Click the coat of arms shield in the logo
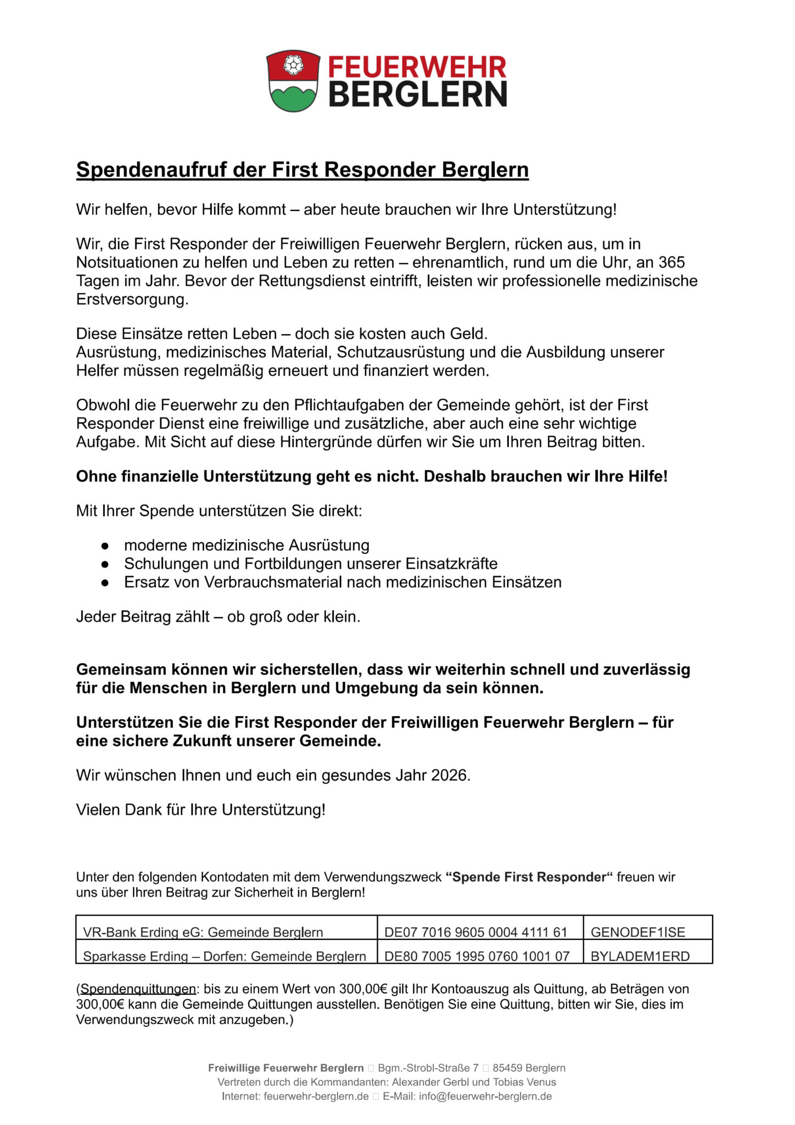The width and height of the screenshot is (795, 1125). [x=293, y=81]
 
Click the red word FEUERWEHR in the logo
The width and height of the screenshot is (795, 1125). [x=417, y=67]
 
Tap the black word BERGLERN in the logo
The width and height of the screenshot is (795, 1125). [x=417, y=94]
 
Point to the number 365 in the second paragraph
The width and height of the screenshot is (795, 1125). [x=671, y=262]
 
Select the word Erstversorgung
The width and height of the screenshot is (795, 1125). [x=132, y=299]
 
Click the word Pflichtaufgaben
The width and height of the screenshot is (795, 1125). [x=363, y=405]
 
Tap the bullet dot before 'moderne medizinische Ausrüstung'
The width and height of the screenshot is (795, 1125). [x=104, y=546]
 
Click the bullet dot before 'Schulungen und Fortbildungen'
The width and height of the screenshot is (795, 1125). [x=104, y=564]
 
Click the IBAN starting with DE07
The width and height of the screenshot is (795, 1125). [x=475, y=932]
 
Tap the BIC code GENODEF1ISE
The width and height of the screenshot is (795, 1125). [x=638, y=932]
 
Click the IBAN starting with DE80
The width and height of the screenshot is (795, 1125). [x=477, y=956]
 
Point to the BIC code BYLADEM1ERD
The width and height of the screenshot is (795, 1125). [x=640, y=956]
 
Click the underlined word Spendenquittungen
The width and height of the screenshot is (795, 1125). [x=138, y=989]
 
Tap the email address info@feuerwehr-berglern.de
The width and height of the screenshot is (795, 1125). [x=485, y=1096]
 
